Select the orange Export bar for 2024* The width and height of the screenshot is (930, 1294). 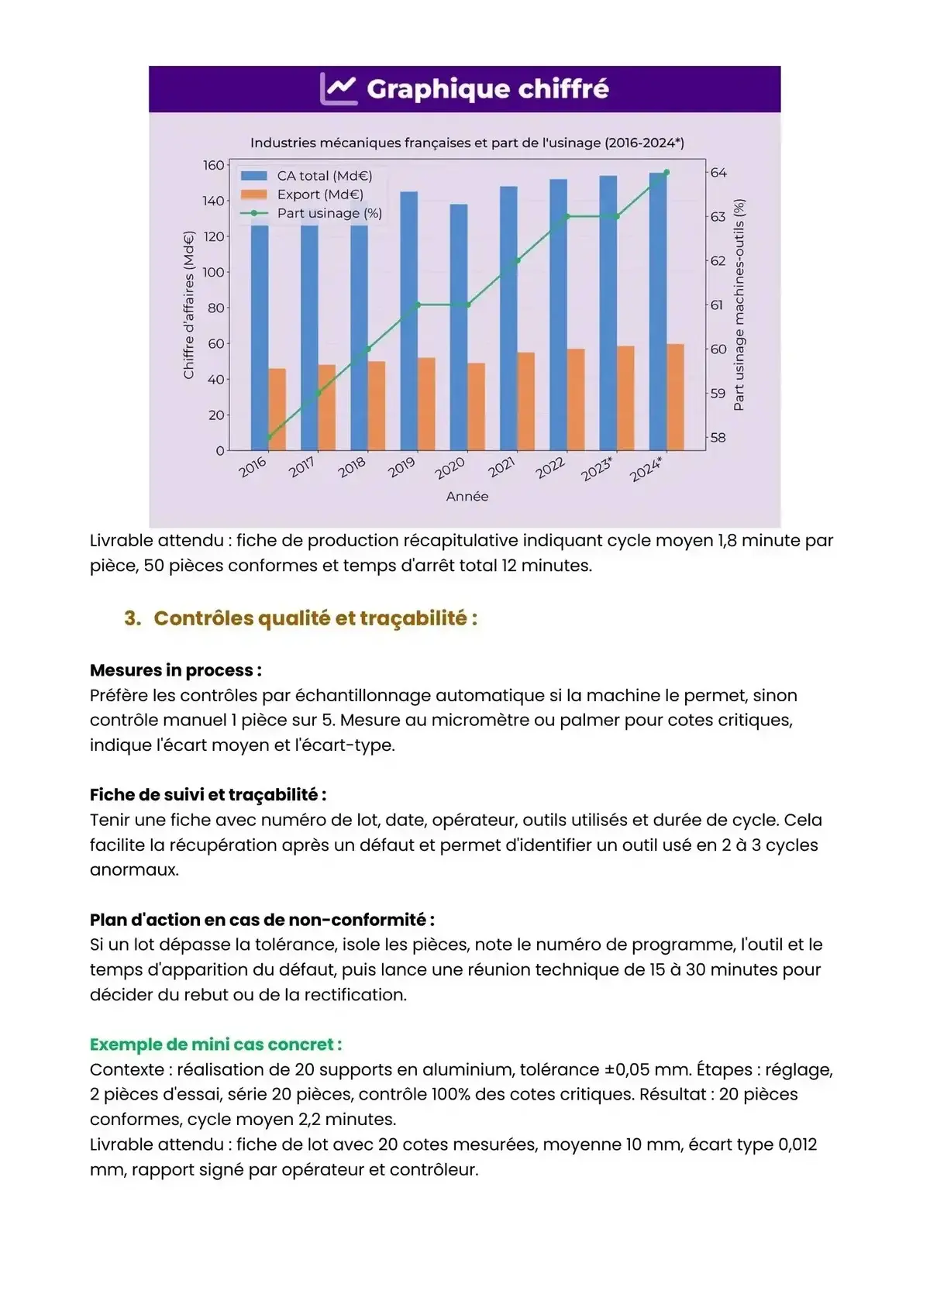click(x=675, y=397)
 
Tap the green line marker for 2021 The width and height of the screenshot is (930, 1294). click(x=518, y=260)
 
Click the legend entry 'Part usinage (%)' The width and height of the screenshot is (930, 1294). click(x=329, y=213)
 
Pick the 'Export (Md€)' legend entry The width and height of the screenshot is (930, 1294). click(x=319, y=194)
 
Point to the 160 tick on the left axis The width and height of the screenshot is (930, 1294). click(x=213, y=165)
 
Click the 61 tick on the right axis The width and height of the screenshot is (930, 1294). click(x=718, y=305)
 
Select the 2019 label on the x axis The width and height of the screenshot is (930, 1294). click(x=401, y=467)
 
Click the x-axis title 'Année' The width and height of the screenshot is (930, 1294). click(x=467, y=496)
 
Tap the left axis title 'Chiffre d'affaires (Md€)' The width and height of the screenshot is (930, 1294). click(x=188, y=308)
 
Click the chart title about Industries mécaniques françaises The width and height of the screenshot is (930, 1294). click(x=467, y=143)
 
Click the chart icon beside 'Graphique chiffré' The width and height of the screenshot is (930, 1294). click(x=339, y=89)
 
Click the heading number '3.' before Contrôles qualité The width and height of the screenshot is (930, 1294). click(x=133, y=618)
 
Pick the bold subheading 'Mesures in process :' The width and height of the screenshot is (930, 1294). click(x=175, y=670)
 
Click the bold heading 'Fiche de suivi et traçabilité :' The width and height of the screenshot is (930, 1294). click(x=208, y=795)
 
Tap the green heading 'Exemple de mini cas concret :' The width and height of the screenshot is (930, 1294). click(x=215, y=1044)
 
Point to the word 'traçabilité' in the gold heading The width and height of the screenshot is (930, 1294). click(x=423, y=618)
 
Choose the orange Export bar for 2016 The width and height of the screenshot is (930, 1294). click(x=277, y=409)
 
